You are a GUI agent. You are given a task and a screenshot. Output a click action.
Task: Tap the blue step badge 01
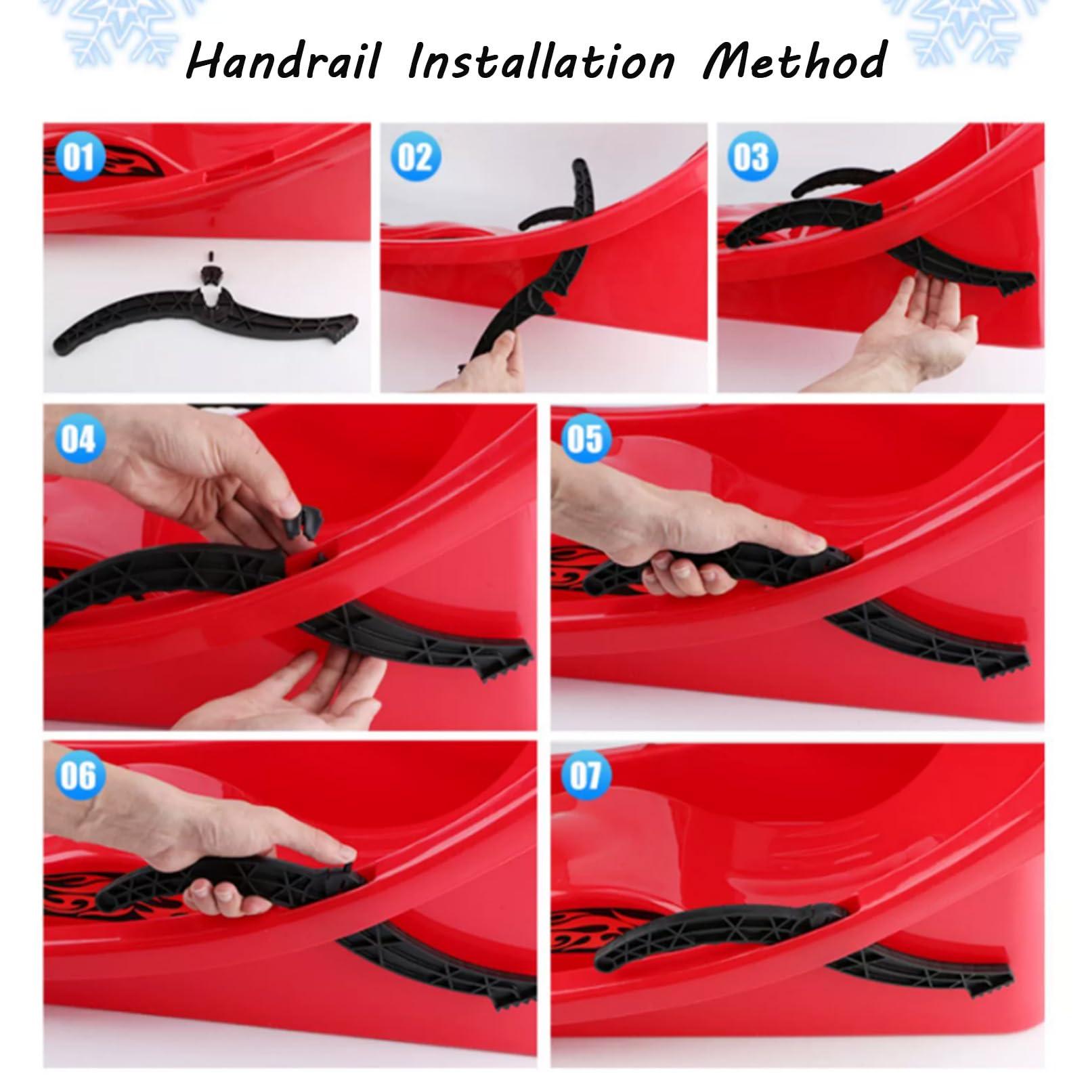[x=79, y=157]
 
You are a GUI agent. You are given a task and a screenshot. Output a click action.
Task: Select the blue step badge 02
[x=414, y=157]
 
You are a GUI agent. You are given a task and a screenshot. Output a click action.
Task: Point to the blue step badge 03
[x=752, y=157]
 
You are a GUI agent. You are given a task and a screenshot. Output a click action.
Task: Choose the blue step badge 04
[x=79, y=439]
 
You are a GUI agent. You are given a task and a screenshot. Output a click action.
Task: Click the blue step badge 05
[x=585, y=439]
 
